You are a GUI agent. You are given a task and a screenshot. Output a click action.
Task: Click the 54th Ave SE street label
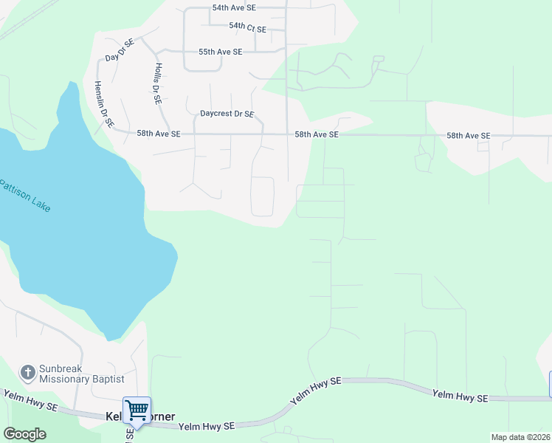[x=233, y=7]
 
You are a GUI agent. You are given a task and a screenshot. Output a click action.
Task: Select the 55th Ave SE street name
[x=220, y=52]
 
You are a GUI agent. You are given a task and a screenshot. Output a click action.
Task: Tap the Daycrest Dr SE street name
[x=227, y=114]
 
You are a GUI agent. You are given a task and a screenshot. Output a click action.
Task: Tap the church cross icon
[x=28, y=372]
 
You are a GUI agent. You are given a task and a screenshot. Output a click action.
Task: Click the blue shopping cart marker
[x=137, y=410]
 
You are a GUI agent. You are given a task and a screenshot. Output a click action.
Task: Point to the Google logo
[x=24, y=434]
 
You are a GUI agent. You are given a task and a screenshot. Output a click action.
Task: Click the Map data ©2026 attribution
[x=520, y=437]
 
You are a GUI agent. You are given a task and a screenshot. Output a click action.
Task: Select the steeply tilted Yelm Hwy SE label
[x=315, y=391]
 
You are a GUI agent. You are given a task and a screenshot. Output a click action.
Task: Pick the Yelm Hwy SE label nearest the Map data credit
[x=460, y=396]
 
